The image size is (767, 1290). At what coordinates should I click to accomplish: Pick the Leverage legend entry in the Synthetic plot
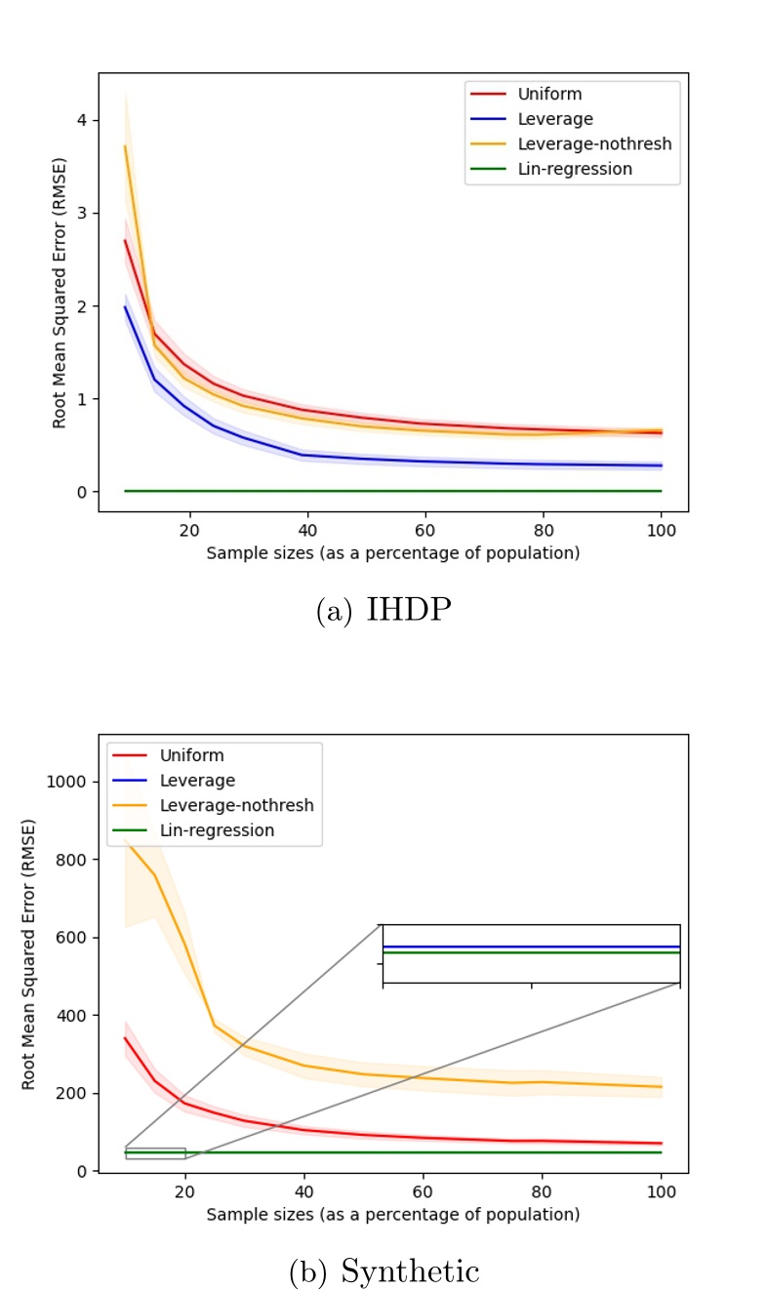[x=201, y=781]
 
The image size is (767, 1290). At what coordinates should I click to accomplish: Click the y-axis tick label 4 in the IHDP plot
[x=82, y=120]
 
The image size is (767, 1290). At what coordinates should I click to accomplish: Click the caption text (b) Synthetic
[x=383, y=1271]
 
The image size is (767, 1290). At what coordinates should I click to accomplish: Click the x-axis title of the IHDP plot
[x=393, y=553]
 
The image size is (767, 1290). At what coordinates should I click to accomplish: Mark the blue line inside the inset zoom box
[x=531, y=946]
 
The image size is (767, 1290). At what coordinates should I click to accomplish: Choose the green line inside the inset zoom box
[x=531, y=952]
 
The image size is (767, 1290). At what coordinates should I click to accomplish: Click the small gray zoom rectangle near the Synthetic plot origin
[x=155, y=1153]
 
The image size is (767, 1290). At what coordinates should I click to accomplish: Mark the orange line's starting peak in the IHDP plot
[x=125, y=146]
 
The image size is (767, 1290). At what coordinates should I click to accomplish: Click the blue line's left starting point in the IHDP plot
[x=125, y=306]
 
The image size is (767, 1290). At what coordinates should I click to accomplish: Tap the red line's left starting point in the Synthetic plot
[x=125, y=1037]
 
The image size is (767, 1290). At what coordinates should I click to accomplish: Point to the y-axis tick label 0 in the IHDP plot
[x=82, y=492]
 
